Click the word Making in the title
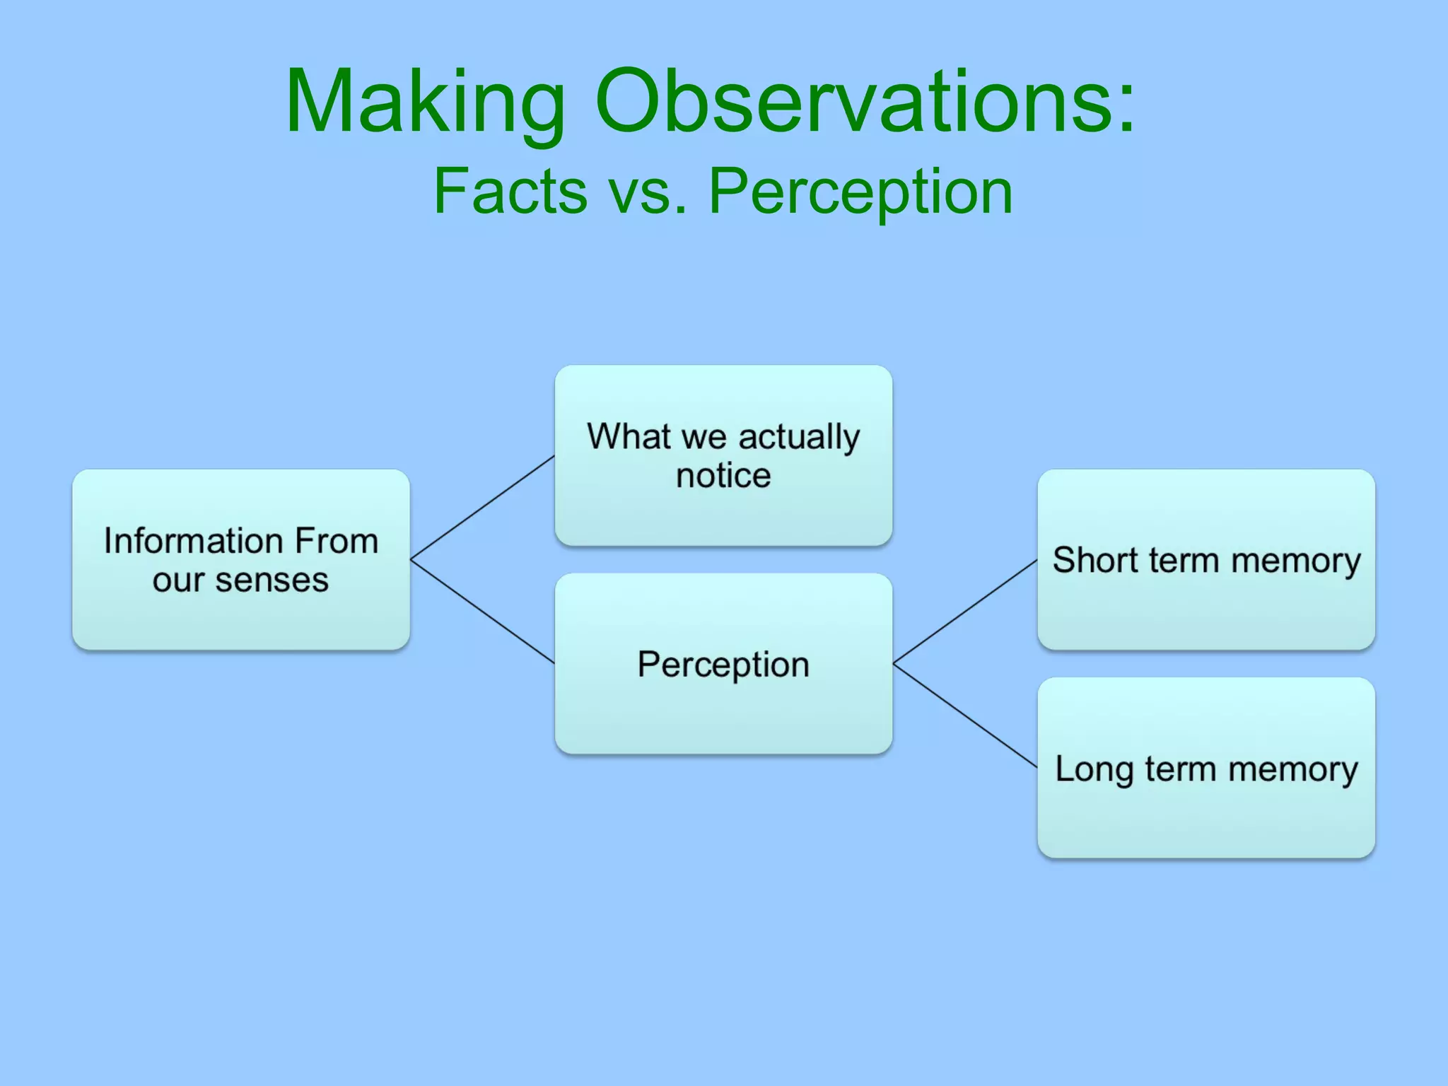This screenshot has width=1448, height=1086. [x=424, y=103]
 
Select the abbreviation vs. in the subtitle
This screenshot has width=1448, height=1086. [x=648, y=192]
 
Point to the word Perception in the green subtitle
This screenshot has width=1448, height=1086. [x=860, y=192]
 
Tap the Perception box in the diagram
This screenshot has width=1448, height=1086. [x=723, y=714]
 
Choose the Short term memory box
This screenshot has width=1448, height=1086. [x=1205, y=608]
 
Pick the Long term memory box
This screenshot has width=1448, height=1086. [x=1205, y=820]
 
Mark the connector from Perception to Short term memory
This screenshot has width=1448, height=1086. [x=965, y=612]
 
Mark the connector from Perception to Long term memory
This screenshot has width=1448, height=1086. [x=965, y=716]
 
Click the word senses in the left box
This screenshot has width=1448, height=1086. [x=271, y=580]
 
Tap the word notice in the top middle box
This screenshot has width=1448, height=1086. [x=723, y=475]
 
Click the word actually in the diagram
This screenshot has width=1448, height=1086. [x=799, y=437]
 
